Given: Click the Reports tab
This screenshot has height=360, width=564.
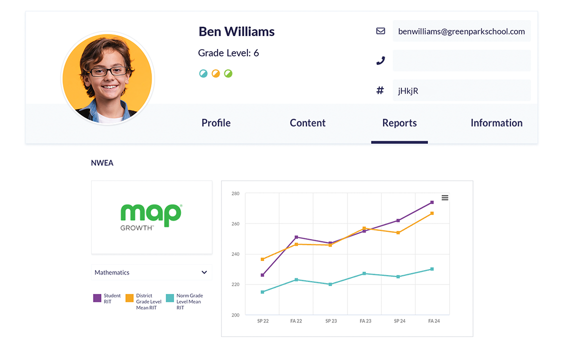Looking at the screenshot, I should (x=399, y=123).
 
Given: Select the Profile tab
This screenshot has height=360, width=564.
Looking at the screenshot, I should (x=216, y=123).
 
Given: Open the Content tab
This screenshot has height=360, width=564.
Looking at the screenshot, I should (x=307, y=123).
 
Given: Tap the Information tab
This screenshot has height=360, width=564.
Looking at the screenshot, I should (x=496, y=123).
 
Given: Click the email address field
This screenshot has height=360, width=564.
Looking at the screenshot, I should (x=461, y=31).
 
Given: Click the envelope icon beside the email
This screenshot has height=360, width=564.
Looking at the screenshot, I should (x=380, y=31).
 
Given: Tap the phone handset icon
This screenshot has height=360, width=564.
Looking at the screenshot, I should (x=380, y=60).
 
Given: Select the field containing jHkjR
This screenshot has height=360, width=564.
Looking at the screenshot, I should (x=461, y=90).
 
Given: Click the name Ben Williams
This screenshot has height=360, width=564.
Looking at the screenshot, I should (x=236, y=31).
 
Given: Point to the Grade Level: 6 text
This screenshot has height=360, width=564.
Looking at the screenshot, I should (x=228, y=53).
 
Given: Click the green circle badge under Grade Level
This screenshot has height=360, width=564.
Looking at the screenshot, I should (x=228, y=73).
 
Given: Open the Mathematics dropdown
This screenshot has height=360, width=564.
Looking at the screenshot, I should (x=151, y=272).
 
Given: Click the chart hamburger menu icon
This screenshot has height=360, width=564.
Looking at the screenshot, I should (x=444, y=198).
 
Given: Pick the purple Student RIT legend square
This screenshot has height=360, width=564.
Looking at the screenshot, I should (x=97, y=298).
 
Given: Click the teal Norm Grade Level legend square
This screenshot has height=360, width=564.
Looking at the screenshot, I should (x=170, y=298).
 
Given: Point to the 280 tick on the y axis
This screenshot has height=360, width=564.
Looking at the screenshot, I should (x=235, y=193).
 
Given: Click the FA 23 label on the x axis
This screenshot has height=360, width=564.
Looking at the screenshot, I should (x=365, y=321).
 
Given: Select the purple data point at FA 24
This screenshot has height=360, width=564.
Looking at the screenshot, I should (x=432, y=202).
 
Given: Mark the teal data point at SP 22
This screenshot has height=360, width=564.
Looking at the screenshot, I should (x=262, y=292).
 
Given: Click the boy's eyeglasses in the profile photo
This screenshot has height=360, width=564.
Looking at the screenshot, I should (x=108, y=71).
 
